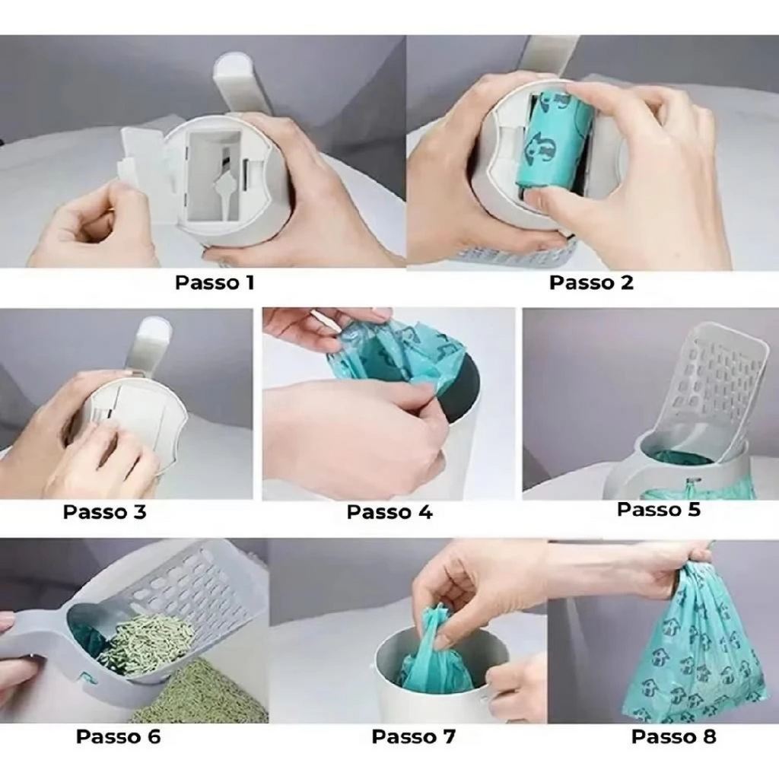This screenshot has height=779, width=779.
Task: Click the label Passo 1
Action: coord(215,283)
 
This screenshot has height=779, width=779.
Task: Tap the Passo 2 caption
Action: coord(591,283)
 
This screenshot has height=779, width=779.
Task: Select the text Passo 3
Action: coord(105,512)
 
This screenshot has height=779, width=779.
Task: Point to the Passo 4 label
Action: coord(389,512)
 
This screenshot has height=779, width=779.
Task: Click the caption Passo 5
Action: coord(659,510)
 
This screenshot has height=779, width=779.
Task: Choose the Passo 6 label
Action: coord(118,736)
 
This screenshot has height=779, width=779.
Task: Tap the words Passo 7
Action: coord(413,736)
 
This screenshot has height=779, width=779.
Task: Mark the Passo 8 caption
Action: coord(674,736)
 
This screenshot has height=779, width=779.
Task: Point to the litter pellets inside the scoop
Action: coord(144,641)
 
